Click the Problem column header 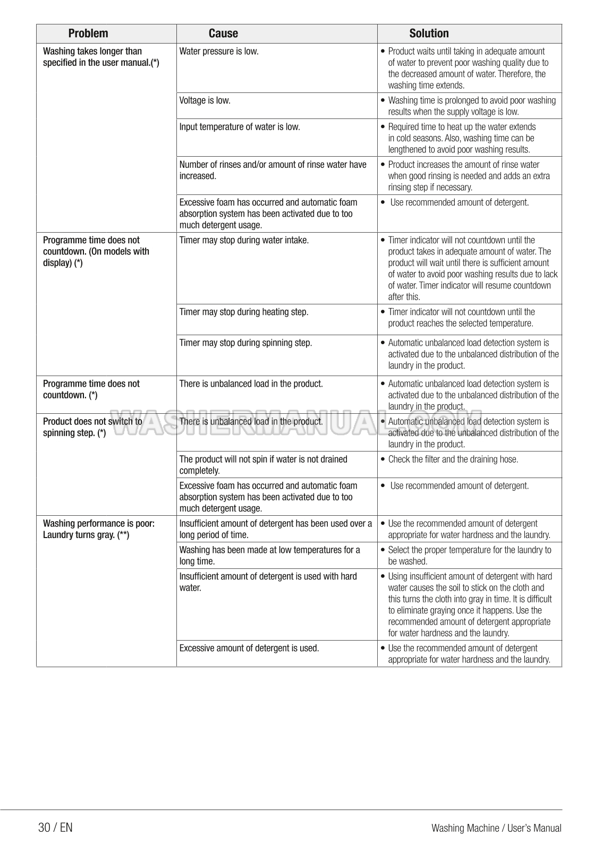(x=88, y=33)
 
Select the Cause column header (x=223, y=33)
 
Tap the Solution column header (x=429, y=33)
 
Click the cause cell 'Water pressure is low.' (x=219, y=52)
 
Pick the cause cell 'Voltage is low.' (x=205, y=100)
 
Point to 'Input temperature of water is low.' (x=240, y=127)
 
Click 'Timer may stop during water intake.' (x=244, y=240)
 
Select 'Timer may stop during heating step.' (x=244, y=312)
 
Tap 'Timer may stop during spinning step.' (x=245, y=343)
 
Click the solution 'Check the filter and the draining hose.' (x=453, y=459)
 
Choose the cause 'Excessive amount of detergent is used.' (x=249, y=648)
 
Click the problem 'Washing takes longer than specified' (x=100, y=57)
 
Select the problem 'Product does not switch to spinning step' (x=92, y=427)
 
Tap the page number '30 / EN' (x=55, y=827)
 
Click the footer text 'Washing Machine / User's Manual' (x=496, y=828)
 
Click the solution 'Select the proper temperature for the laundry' (x=469, y=556)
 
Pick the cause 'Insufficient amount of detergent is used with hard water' (x=268, y=582)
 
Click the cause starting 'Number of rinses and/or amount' (x=273, y=170)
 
